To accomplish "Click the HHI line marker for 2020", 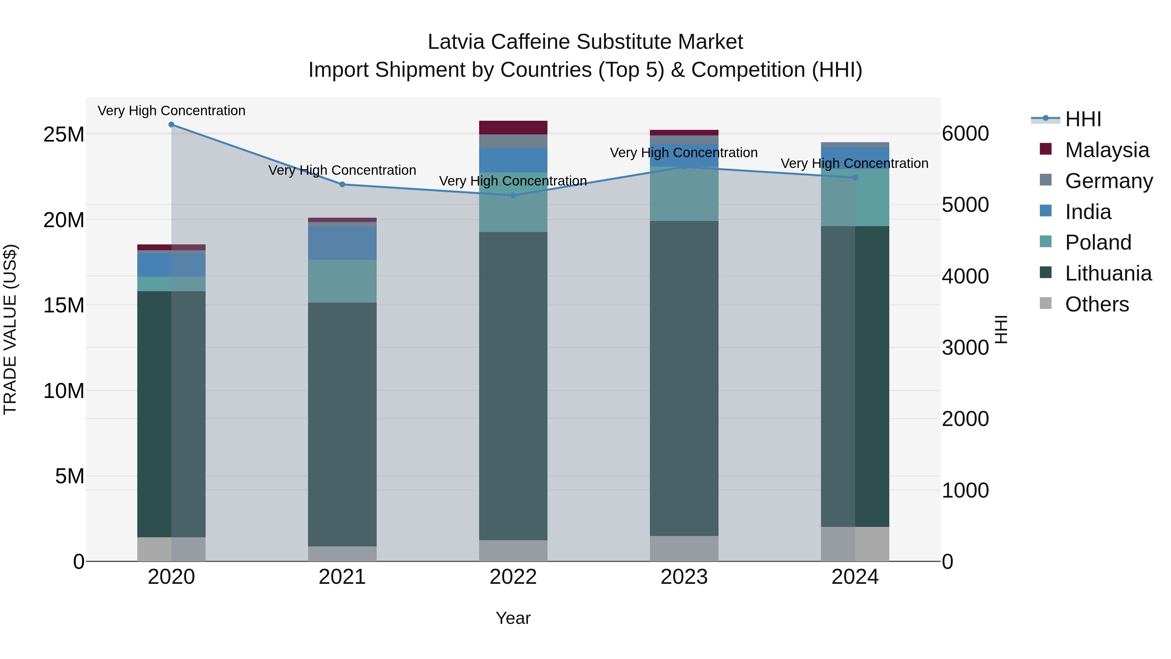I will [171, 124].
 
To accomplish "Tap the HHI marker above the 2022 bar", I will [513, 195].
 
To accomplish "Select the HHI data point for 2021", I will [342, 184].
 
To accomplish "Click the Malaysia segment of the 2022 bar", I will [513, 127].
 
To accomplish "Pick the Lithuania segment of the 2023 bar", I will [684, 378].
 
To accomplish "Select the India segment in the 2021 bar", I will [342, 243].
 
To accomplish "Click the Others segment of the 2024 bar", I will [855, 543].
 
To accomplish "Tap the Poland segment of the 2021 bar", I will [342, 281].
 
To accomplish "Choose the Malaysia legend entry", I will [1107, 150].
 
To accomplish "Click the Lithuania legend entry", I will [1108, 273].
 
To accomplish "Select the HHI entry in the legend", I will [1083, 119].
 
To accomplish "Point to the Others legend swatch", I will [1045, 303].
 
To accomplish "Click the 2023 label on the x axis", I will [684, 577].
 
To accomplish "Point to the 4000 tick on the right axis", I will [965, 276].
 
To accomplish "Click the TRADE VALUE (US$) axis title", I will [10, 329].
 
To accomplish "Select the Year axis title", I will [513, 618].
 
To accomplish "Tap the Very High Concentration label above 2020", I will [171, 111].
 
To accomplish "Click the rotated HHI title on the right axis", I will [1001, 329].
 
